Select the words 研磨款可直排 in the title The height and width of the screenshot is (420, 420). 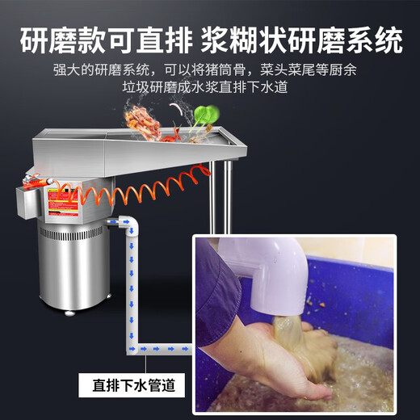pyautogui.click(x=104, y=37)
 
